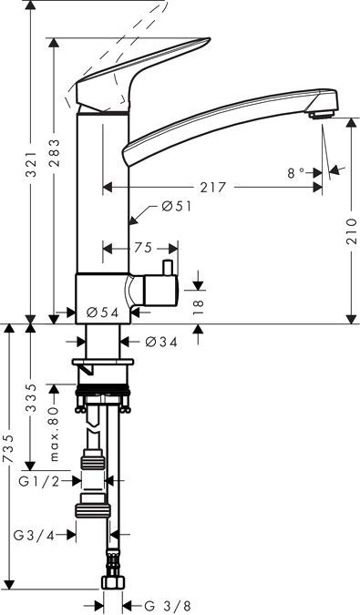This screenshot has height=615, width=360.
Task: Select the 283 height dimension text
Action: (55, 153)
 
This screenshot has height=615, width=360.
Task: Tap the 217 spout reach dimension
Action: (214, 188)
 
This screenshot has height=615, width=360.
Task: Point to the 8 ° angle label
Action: (296, 173)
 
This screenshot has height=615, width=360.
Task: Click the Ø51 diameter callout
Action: (177, 206)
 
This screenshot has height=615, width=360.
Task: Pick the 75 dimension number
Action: (143, 248)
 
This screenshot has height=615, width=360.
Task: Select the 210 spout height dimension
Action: (352, 232)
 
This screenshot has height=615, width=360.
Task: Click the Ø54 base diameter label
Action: (102, 313)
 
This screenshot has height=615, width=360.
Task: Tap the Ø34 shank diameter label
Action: (161, 342)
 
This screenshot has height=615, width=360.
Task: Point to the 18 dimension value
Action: (199, 304)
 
